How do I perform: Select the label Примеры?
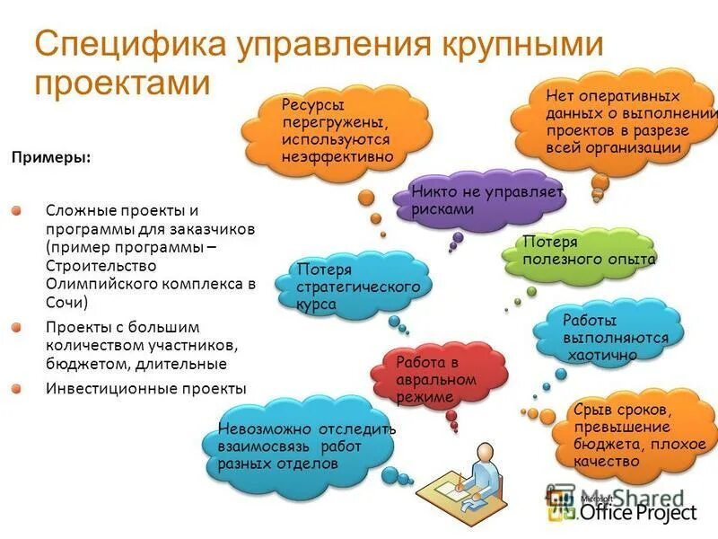click(50, 157)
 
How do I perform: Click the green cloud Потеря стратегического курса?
click(359, 286)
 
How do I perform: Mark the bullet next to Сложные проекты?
click(17, 209)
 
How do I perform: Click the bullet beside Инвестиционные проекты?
click(17, 388)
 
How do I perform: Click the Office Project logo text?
click(637, 513)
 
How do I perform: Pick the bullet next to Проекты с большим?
click(17, 327)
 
